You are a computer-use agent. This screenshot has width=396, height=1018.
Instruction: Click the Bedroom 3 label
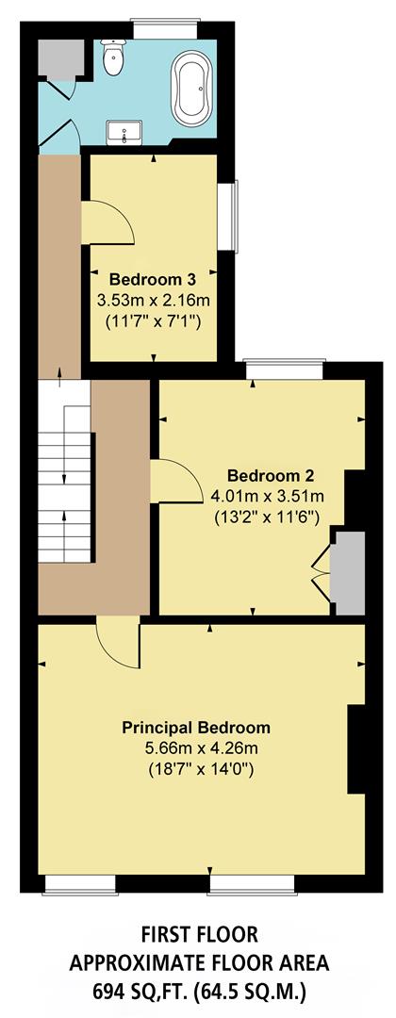pyautogui.click(x=153, y=280)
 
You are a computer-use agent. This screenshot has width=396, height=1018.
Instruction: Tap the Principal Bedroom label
pyautogui.click(x=196, y=728)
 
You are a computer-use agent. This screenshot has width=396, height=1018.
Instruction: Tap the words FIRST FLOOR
pyautogui.click(x=197, y=933)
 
